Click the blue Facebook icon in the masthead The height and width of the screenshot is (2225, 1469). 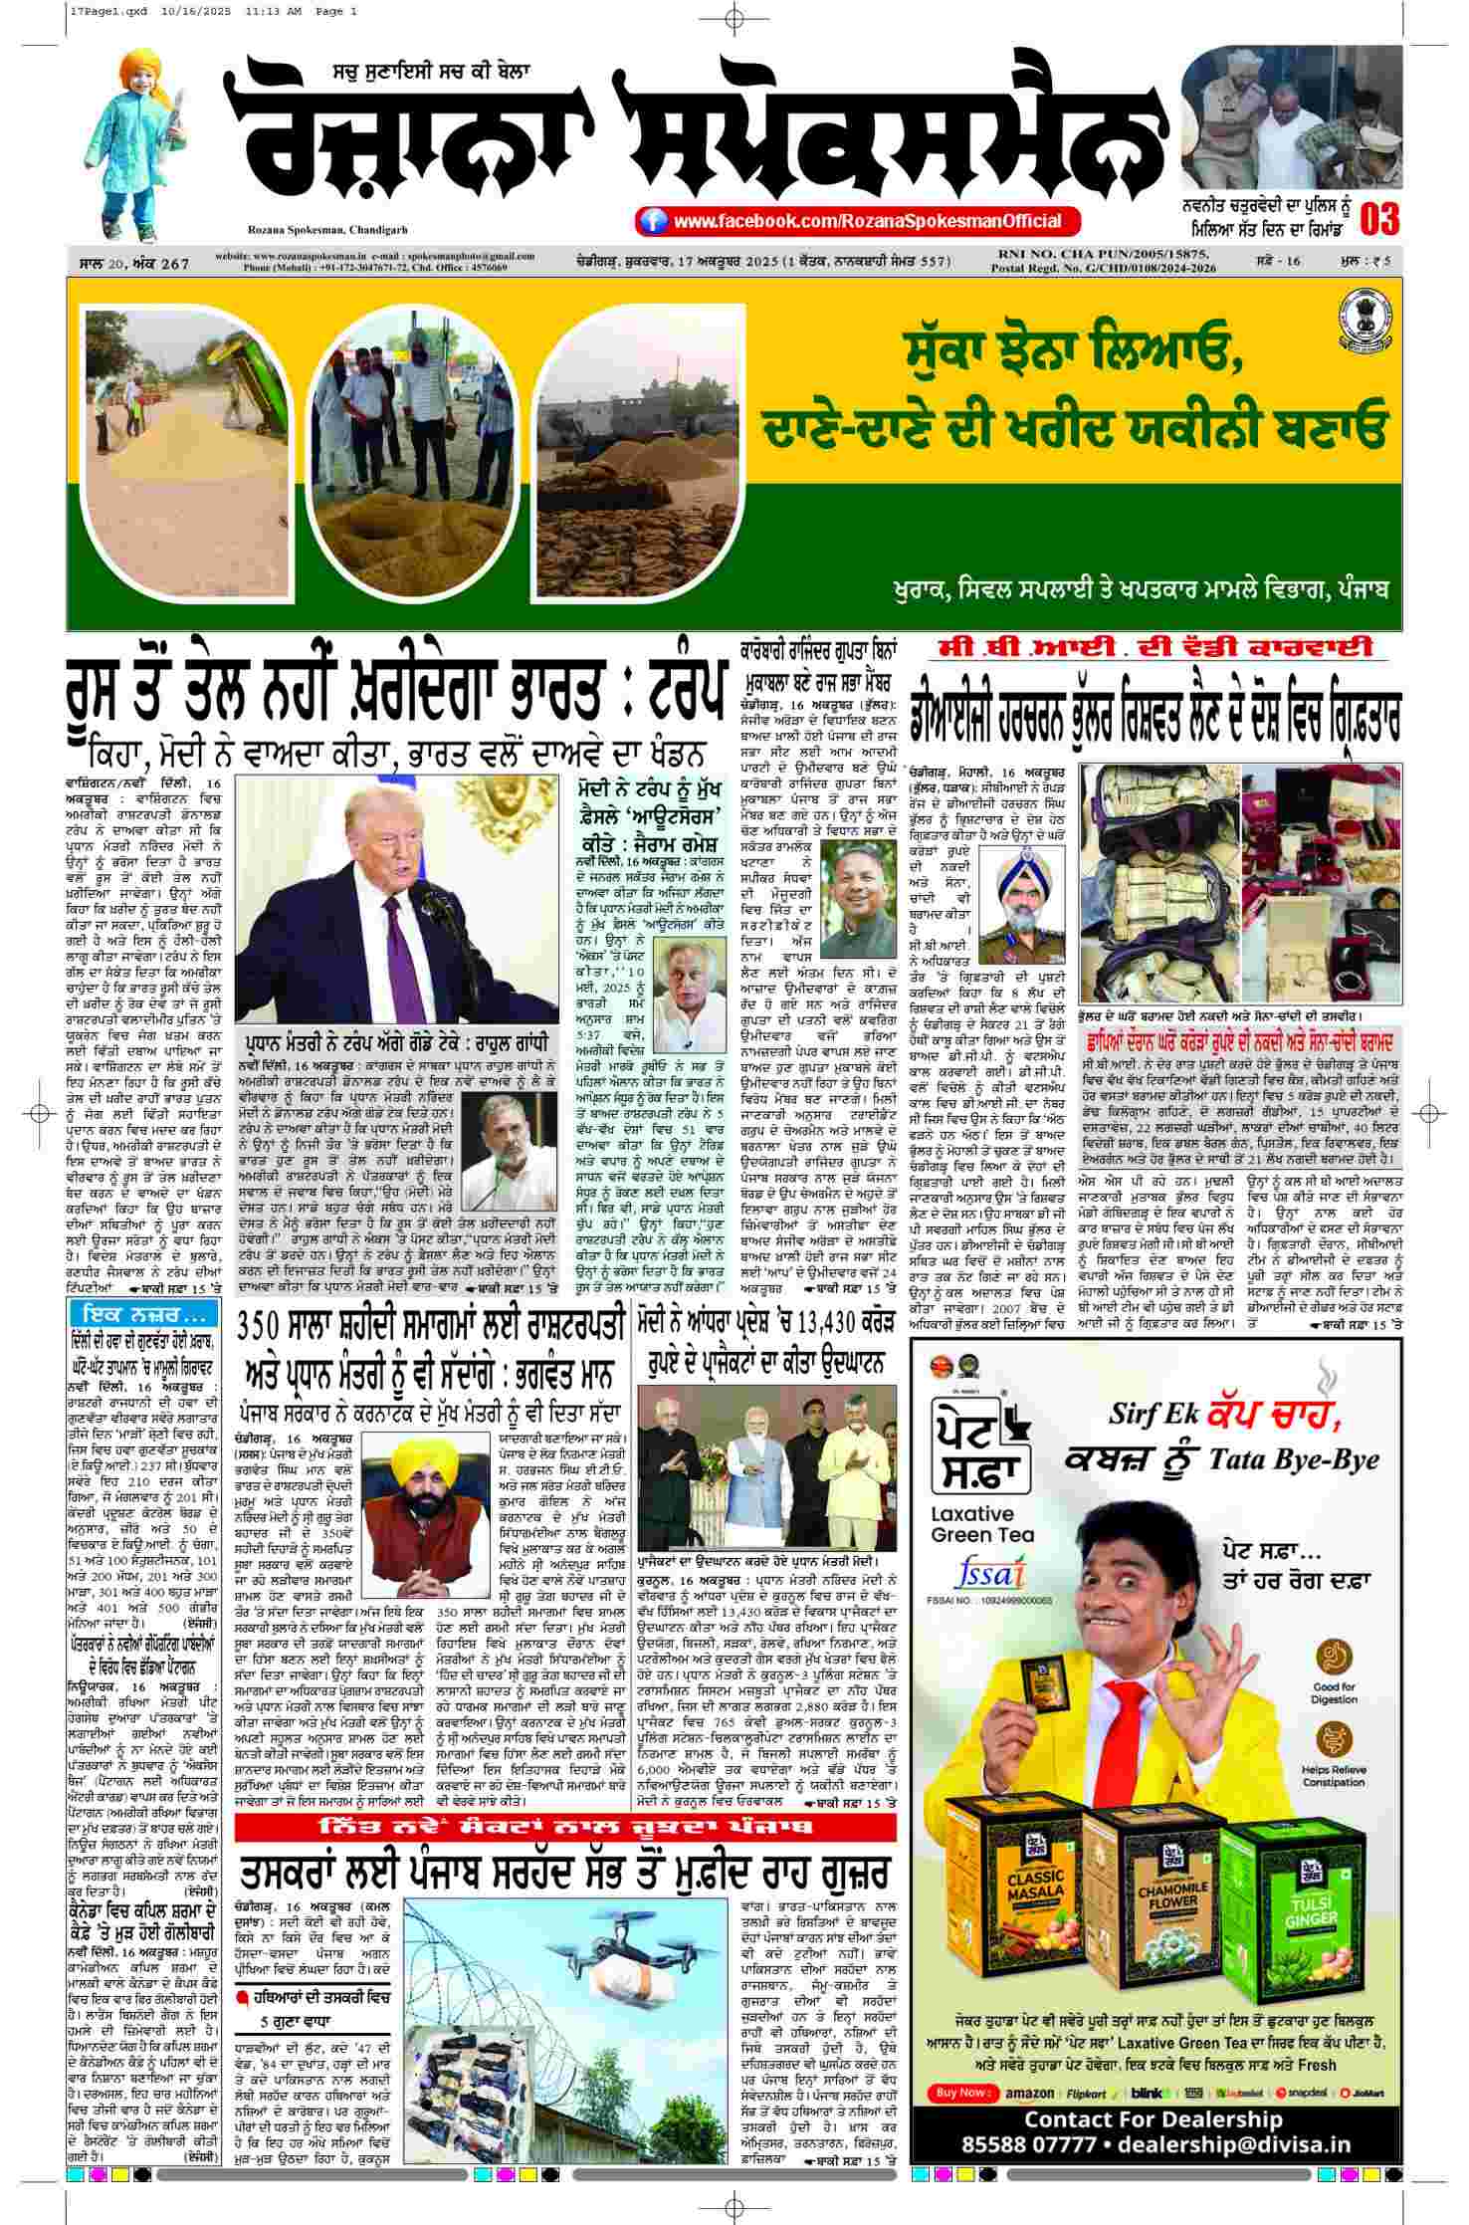653,220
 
